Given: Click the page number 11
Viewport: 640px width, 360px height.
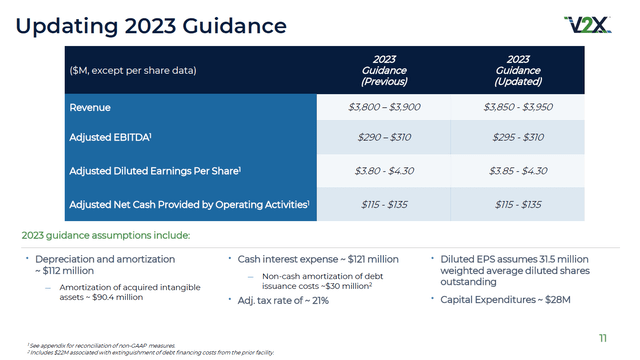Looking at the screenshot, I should point(603,336).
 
